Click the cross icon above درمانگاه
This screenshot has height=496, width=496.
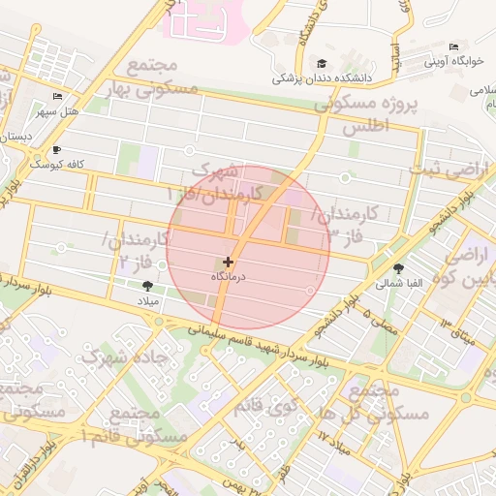click(228, 262)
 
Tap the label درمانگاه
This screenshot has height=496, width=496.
click(229, 277)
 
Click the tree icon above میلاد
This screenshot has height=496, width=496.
click(147, 286)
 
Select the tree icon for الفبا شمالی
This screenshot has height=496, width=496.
click(399, 268)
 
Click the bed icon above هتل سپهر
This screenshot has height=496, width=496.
click(56, 97)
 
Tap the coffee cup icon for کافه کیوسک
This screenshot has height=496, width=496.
click(56, 149)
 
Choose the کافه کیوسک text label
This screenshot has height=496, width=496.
click(58, 164)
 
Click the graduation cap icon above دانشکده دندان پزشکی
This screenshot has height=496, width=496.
click(308, 63)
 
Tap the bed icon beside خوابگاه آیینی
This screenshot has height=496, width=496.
click(454, 47)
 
